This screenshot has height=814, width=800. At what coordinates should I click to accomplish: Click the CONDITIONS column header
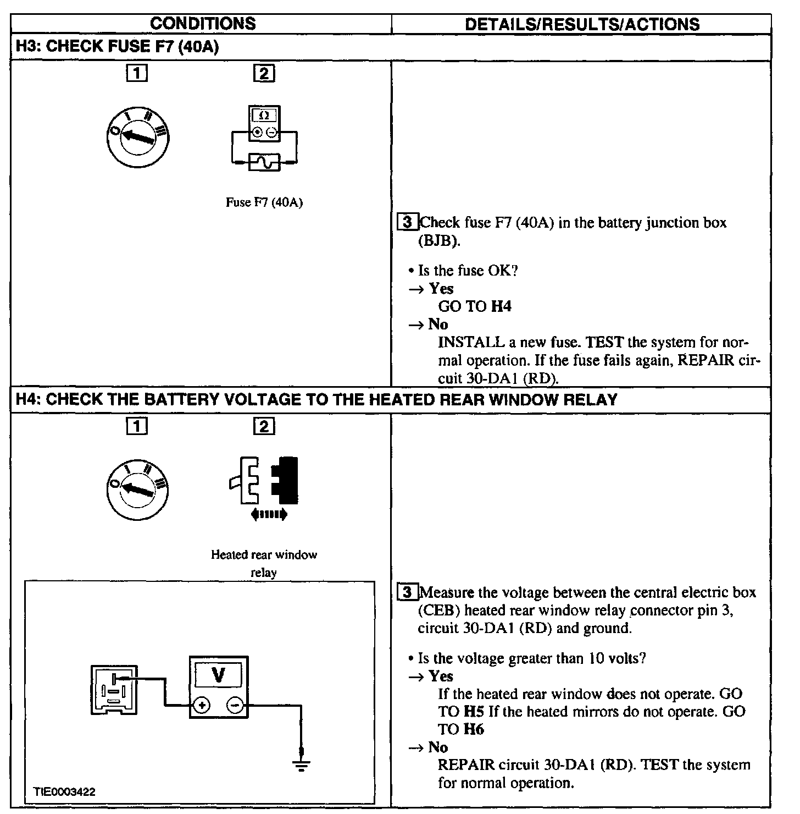click(x=203, y=24)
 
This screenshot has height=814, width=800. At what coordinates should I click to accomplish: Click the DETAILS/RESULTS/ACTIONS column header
click(x=582, y=24)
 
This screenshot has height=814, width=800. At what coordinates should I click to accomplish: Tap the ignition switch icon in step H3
click(x=138, y=136)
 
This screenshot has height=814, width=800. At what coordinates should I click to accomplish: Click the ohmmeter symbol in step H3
click(x=264, y=124)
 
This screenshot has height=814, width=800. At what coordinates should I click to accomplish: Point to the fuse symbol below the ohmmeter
click(x=264, y=162)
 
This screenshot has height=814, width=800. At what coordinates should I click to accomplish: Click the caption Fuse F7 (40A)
click(x=264, y=202)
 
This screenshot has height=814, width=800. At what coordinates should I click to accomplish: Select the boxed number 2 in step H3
click(x=264, y=74)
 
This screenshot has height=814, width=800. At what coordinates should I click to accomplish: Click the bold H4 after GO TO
click(x=501, y=307)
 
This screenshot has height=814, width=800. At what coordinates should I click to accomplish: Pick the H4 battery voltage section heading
click(x=316, y=400)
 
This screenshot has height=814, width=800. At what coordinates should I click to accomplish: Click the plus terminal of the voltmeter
click(x=202, y=705)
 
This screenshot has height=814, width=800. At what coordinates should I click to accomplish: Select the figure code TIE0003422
click(x=64, y=792)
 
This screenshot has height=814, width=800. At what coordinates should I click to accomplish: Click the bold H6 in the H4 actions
click(x=474, y=729)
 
